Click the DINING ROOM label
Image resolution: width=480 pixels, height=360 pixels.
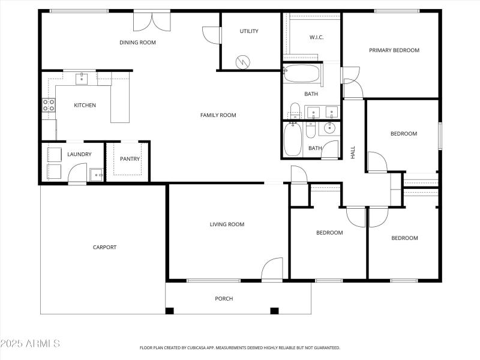tap(137, 42)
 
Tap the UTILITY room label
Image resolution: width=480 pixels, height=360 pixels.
tap(249, 31)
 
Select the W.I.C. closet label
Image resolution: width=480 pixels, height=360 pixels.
tap(316, 37)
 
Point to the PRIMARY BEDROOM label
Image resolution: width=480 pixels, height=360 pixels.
tap(394, 50)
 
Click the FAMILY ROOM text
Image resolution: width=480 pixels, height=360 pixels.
tap(218, 115)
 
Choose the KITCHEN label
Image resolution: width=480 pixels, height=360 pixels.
tap(85, 106)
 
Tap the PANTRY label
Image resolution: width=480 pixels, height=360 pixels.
tap(130, 159)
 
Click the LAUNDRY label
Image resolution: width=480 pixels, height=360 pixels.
tap(79, 154)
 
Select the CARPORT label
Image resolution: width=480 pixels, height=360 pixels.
tap(104, 247)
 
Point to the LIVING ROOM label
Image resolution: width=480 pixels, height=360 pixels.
tap(227, 224)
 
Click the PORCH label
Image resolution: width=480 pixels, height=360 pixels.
tap(224, 298)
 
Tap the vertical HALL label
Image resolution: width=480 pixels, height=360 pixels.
tap(353, 152)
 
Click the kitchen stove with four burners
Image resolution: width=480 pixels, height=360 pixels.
tap(49, 106)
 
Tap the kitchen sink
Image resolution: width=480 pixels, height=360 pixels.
tap(81, 78)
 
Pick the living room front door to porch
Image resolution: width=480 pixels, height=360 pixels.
tap(272, 269)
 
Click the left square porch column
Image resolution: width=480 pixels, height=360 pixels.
tap(170, 311)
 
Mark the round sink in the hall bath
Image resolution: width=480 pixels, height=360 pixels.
tap(330, 127)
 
